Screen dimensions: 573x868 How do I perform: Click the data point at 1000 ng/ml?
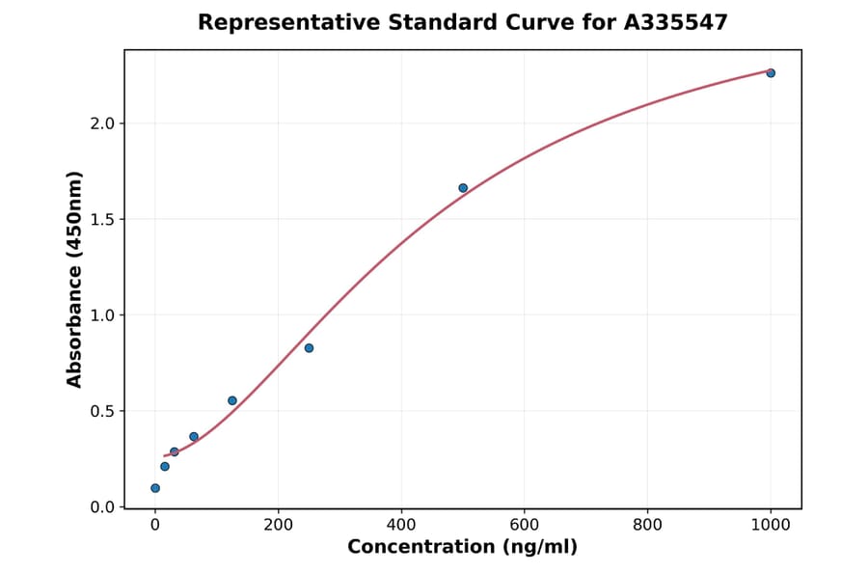(771, 73)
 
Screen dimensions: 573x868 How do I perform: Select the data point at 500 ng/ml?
(463, 188)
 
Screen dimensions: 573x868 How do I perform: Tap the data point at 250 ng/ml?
(309, 348)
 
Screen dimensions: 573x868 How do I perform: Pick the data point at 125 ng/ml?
(232, 400)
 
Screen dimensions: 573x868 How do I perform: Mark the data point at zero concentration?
(155, 488)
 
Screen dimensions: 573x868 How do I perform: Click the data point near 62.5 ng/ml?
(194, 437)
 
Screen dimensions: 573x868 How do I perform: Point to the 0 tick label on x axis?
(155, 525)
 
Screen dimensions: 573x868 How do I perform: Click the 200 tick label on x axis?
(278, 525)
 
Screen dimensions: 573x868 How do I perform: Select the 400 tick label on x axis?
(401, 525)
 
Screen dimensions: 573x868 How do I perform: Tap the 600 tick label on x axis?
(525, 525)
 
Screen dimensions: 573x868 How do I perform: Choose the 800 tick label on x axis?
(647, 525)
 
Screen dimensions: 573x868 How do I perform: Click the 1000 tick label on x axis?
(771, 525)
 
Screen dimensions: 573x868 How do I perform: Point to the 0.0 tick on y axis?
(101, 507)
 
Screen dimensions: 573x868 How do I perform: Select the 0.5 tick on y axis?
(101, 411)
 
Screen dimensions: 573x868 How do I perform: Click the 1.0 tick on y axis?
(101, 315)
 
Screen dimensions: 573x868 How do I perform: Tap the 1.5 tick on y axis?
(101, 219)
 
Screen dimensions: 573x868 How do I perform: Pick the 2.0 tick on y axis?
(101, 123)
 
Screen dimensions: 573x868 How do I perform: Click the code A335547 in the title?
(677, 22)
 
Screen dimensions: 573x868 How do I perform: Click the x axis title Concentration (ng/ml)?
(463, 548)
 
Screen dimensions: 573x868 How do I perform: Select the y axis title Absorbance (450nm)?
(75, 280)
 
